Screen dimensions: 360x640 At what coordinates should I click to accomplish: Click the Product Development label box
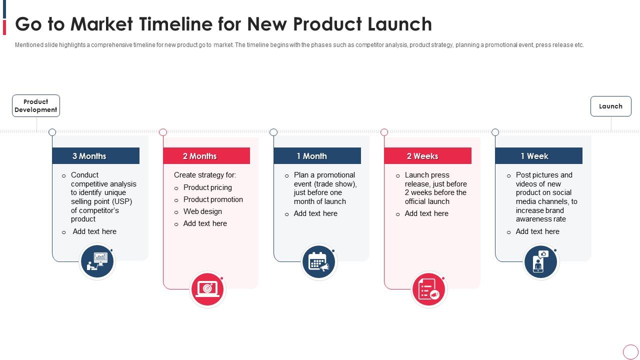[x=36, y=106]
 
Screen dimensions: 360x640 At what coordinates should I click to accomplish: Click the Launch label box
[x=610, y=106]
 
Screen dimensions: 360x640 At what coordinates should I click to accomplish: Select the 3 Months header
[x=95, y=156]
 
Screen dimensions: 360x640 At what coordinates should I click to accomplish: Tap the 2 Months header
[x=206, y=156]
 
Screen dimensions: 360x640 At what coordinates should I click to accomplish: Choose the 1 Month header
[x=317, y=156]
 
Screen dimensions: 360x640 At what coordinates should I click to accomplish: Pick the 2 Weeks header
[x=427, y=156]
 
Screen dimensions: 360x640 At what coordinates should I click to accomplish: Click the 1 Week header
[x=538, y=156]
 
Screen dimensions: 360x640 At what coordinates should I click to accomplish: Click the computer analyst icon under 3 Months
[x=97, y=261]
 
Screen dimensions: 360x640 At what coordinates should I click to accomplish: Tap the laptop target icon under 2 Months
[x=208, y=289]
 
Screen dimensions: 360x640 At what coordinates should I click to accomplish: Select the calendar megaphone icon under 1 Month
[x=319, y=261]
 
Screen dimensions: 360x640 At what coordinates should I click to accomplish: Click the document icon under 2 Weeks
[x=429, y=289]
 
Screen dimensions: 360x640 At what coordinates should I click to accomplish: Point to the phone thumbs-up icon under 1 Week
[x=540, y=261]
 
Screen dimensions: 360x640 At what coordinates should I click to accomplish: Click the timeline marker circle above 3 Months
[x=52, y=132]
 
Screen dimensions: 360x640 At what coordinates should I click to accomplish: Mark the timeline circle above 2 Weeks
[x=384, y=132]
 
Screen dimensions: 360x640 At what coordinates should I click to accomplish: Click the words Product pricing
[x=207, y=187]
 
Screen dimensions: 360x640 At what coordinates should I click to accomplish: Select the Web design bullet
[x=202, y=211]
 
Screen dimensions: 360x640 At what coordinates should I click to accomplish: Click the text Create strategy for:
[x=205, y=175]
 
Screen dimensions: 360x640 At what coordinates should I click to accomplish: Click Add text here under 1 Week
[x=537, y=231]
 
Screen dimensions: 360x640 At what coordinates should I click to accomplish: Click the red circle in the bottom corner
[x=630, y=351]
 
